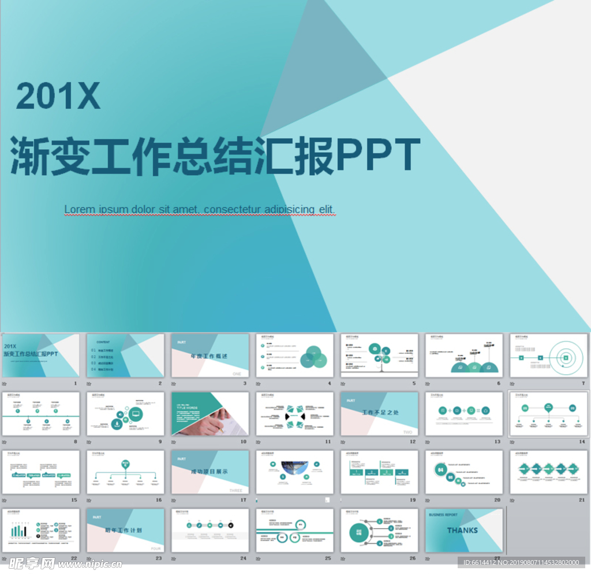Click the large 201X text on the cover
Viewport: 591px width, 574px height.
point(58,96)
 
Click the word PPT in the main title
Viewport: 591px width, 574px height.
point(378,155)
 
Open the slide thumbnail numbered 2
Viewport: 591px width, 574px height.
point(125,355)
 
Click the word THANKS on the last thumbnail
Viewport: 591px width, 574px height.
point(462,530)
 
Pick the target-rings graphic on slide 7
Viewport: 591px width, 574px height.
point(566,358)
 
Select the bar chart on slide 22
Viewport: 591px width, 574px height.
point(18,529)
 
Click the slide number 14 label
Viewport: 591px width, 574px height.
point(581,442)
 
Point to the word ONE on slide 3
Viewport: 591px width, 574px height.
point(237,374)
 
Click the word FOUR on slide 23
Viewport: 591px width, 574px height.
point(156,549)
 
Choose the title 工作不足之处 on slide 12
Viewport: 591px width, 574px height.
point(380,413)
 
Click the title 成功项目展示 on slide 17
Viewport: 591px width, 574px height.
point(210,472)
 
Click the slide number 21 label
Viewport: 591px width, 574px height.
point(581,500)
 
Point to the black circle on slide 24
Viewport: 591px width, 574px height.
point(231,525)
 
